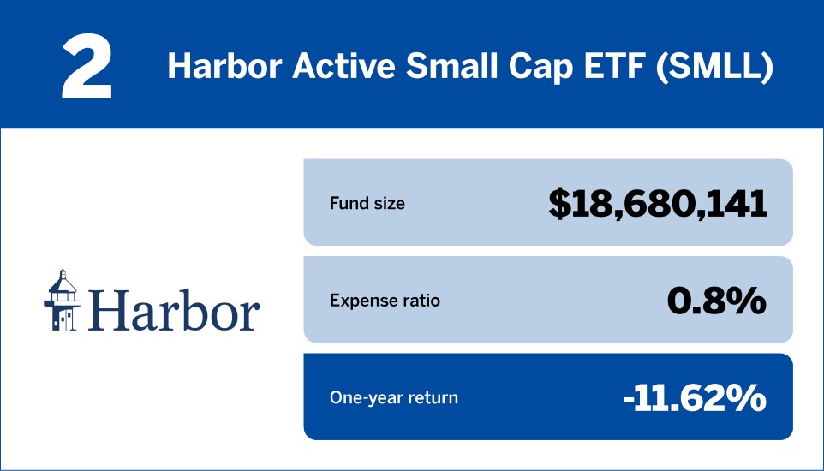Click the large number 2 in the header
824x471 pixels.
87,67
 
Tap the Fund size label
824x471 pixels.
367,204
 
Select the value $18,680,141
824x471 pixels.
658,203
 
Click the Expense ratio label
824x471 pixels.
385,301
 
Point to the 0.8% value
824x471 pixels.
717,300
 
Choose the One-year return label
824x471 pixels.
394,398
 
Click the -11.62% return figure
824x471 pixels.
694,397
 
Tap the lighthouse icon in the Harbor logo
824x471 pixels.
61,300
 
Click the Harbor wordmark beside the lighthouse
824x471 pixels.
173,309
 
